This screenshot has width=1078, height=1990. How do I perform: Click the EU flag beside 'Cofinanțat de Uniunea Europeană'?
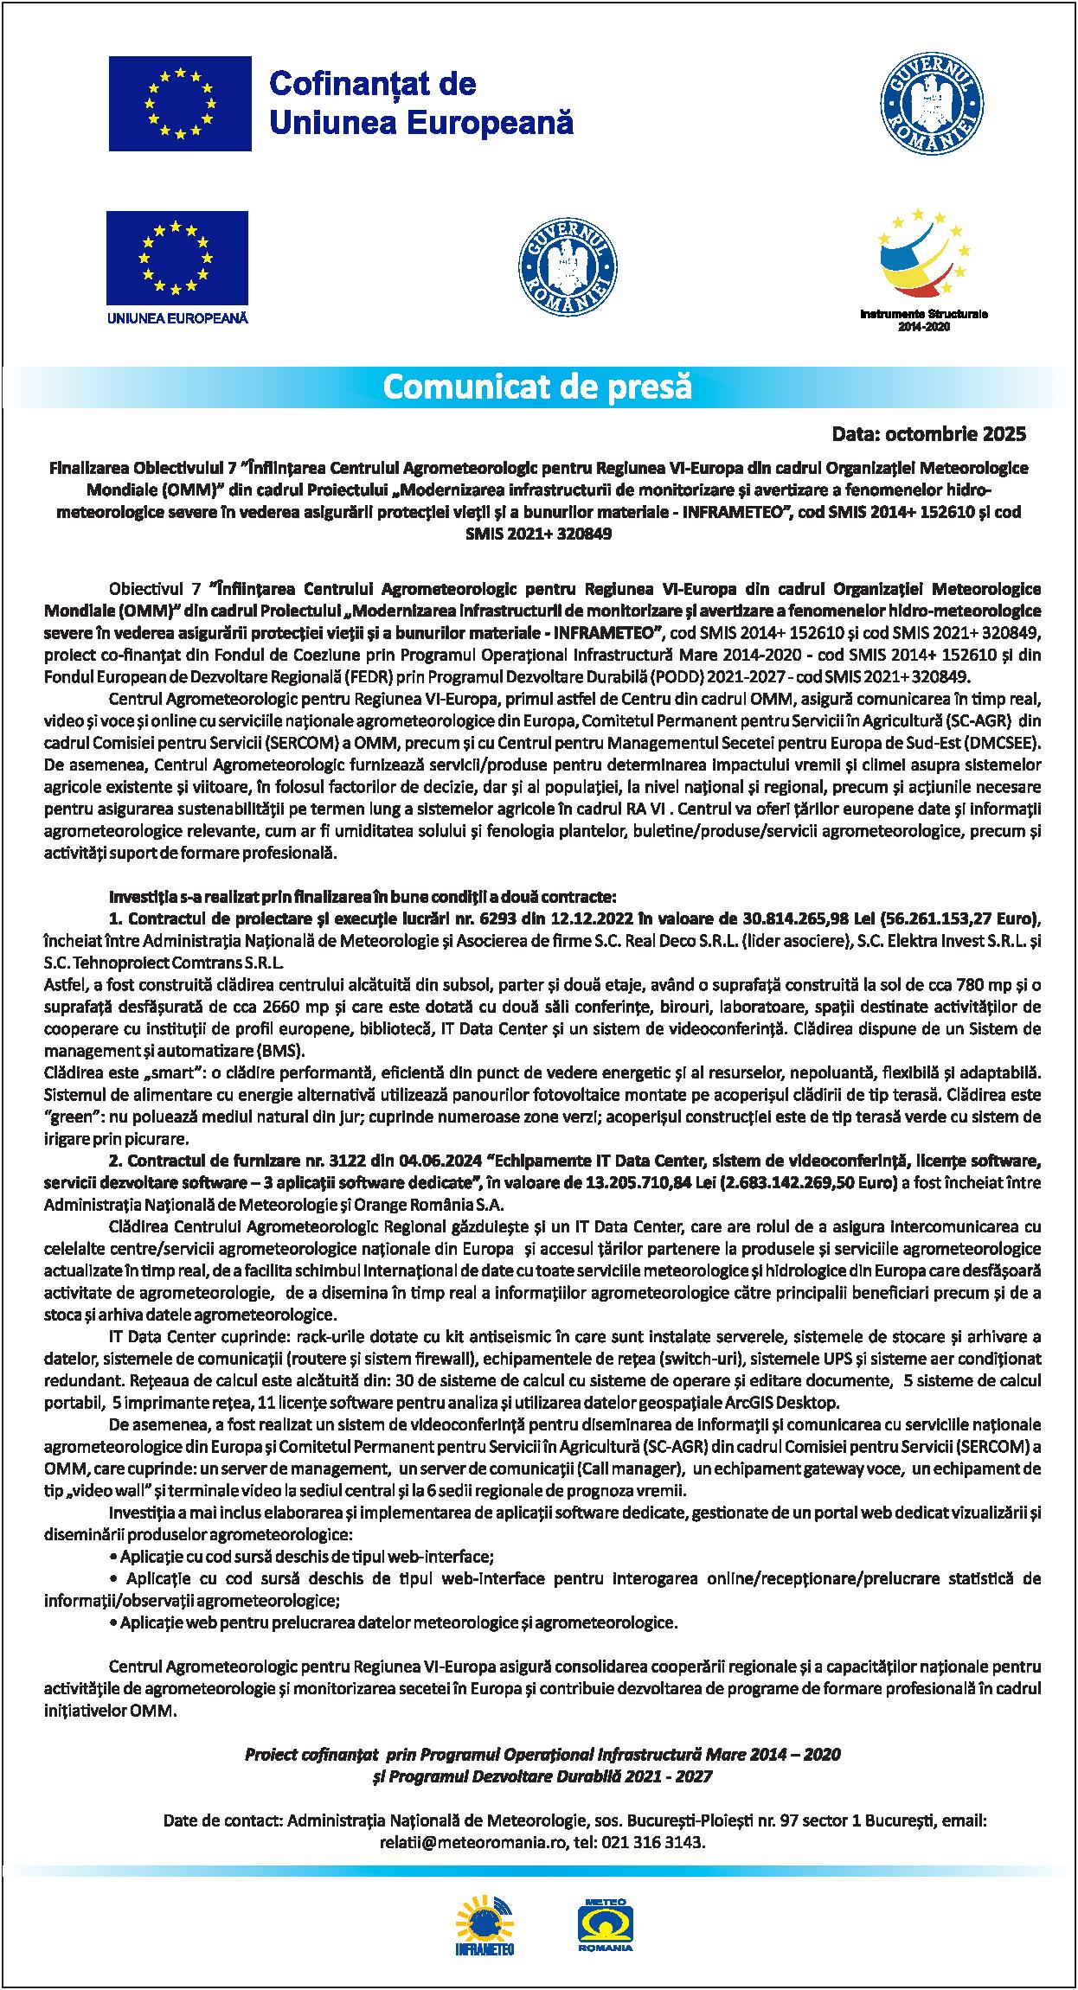tap(180, 104)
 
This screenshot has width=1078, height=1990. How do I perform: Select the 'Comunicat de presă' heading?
tap(537, 387)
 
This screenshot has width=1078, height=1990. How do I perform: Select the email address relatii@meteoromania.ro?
tap(473, 1841)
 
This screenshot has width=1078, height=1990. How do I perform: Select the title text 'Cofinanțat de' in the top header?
tap(373, 84)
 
